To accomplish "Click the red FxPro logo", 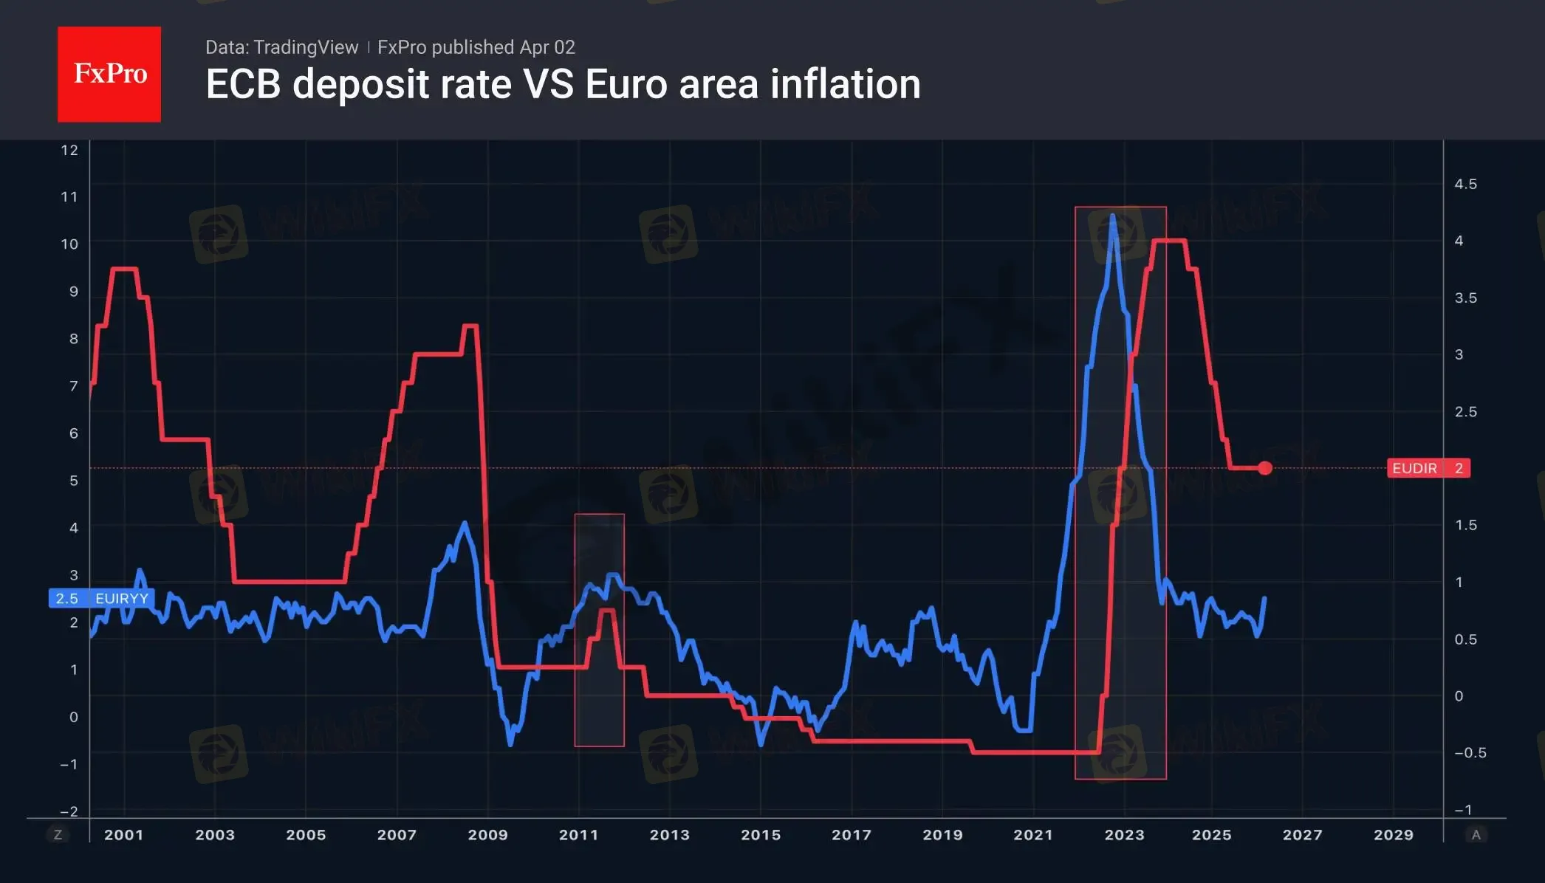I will tap(109, 74).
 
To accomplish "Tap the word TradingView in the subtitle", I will tap(305, 47).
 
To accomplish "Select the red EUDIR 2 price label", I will tap(1428, 468).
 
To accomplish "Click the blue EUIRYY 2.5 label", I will tap(101, 598).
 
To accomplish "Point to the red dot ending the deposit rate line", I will tap(1265, 468).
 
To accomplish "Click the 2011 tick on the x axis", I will tap(578, 835).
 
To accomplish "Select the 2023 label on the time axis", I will tap(1124, 835).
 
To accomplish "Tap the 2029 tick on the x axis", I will tap(1393, 835).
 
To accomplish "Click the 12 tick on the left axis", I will tap(69, 151).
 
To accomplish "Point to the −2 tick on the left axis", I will tap(69, 811).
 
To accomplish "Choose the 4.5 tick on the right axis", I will tap(1465, 184).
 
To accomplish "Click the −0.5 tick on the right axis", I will tap(1470, 753).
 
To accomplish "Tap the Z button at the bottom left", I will tap(58, 835).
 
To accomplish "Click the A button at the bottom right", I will tap(1476, 835).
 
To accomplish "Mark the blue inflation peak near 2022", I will tap(1112, 216).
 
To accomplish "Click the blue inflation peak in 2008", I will tap(465, 523).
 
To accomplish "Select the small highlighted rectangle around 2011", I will tap(599, 630).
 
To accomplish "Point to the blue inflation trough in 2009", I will tap(510, 744).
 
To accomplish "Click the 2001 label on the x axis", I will tap(123, 835).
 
